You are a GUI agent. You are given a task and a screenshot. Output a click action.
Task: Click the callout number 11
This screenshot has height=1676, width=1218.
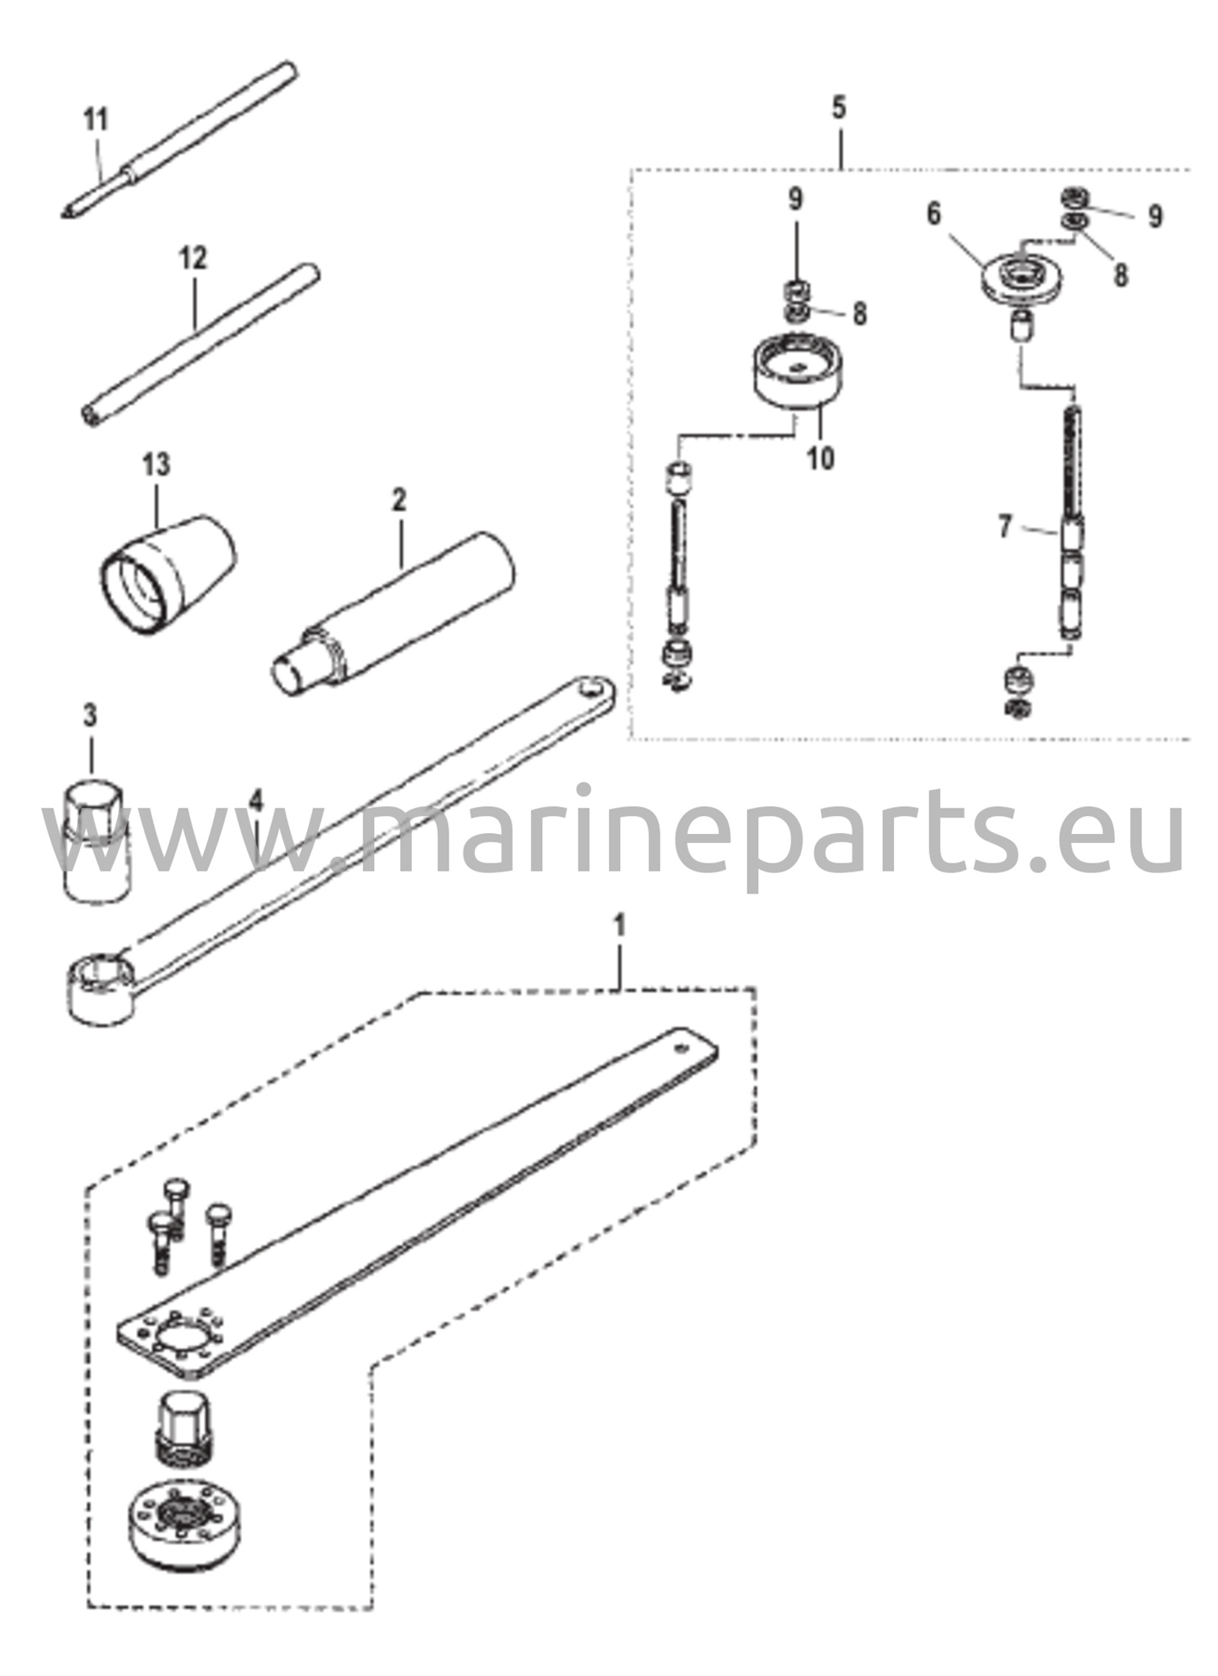click(96, 121)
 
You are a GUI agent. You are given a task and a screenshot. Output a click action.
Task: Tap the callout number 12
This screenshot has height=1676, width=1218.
click(193, 259)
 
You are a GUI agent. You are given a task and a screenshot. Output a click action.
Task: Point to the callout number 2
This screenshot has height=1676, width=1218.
click(399, 500)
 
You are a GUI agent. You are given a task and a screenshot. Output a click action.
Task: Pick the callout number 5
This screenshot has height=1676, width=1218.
click(838, 108)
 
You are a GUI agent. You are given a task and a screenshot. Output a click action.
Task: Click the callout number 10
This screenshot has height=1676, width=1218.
click(820, 457)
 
